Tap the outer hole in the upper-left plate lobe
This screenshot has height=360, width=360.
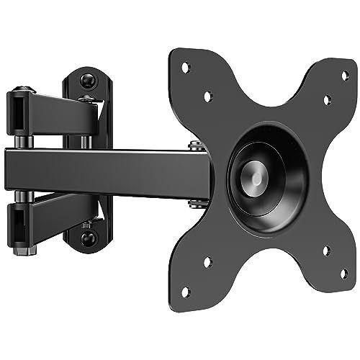185,67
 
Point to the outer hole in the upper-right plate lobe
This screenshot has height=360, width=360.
343,74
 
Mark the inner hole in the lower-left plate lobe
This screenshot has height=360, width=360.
207,263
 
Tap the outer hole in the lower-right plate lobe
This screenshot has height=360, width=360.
343,273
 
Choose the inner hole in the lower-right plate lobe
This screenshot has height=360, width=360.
326,250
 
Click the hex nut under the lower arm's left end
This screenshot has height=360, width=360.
27,250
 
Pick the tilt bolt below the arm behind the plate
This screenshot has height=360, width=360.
196,203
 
